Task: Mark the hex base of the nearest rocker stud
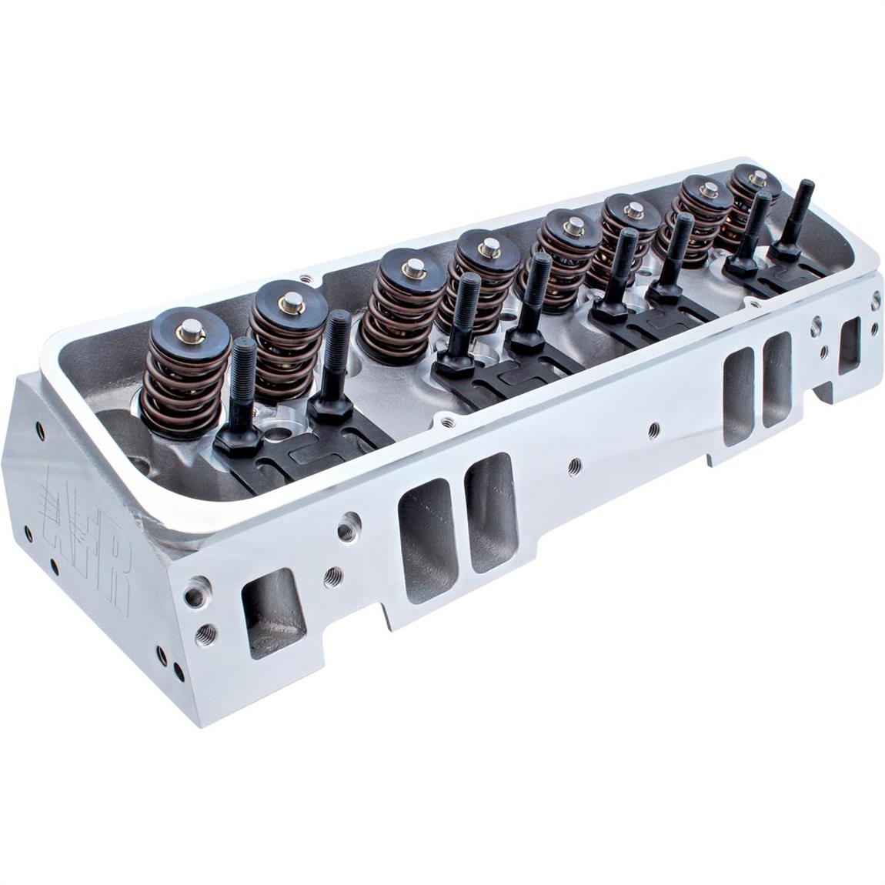[235, 439]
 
